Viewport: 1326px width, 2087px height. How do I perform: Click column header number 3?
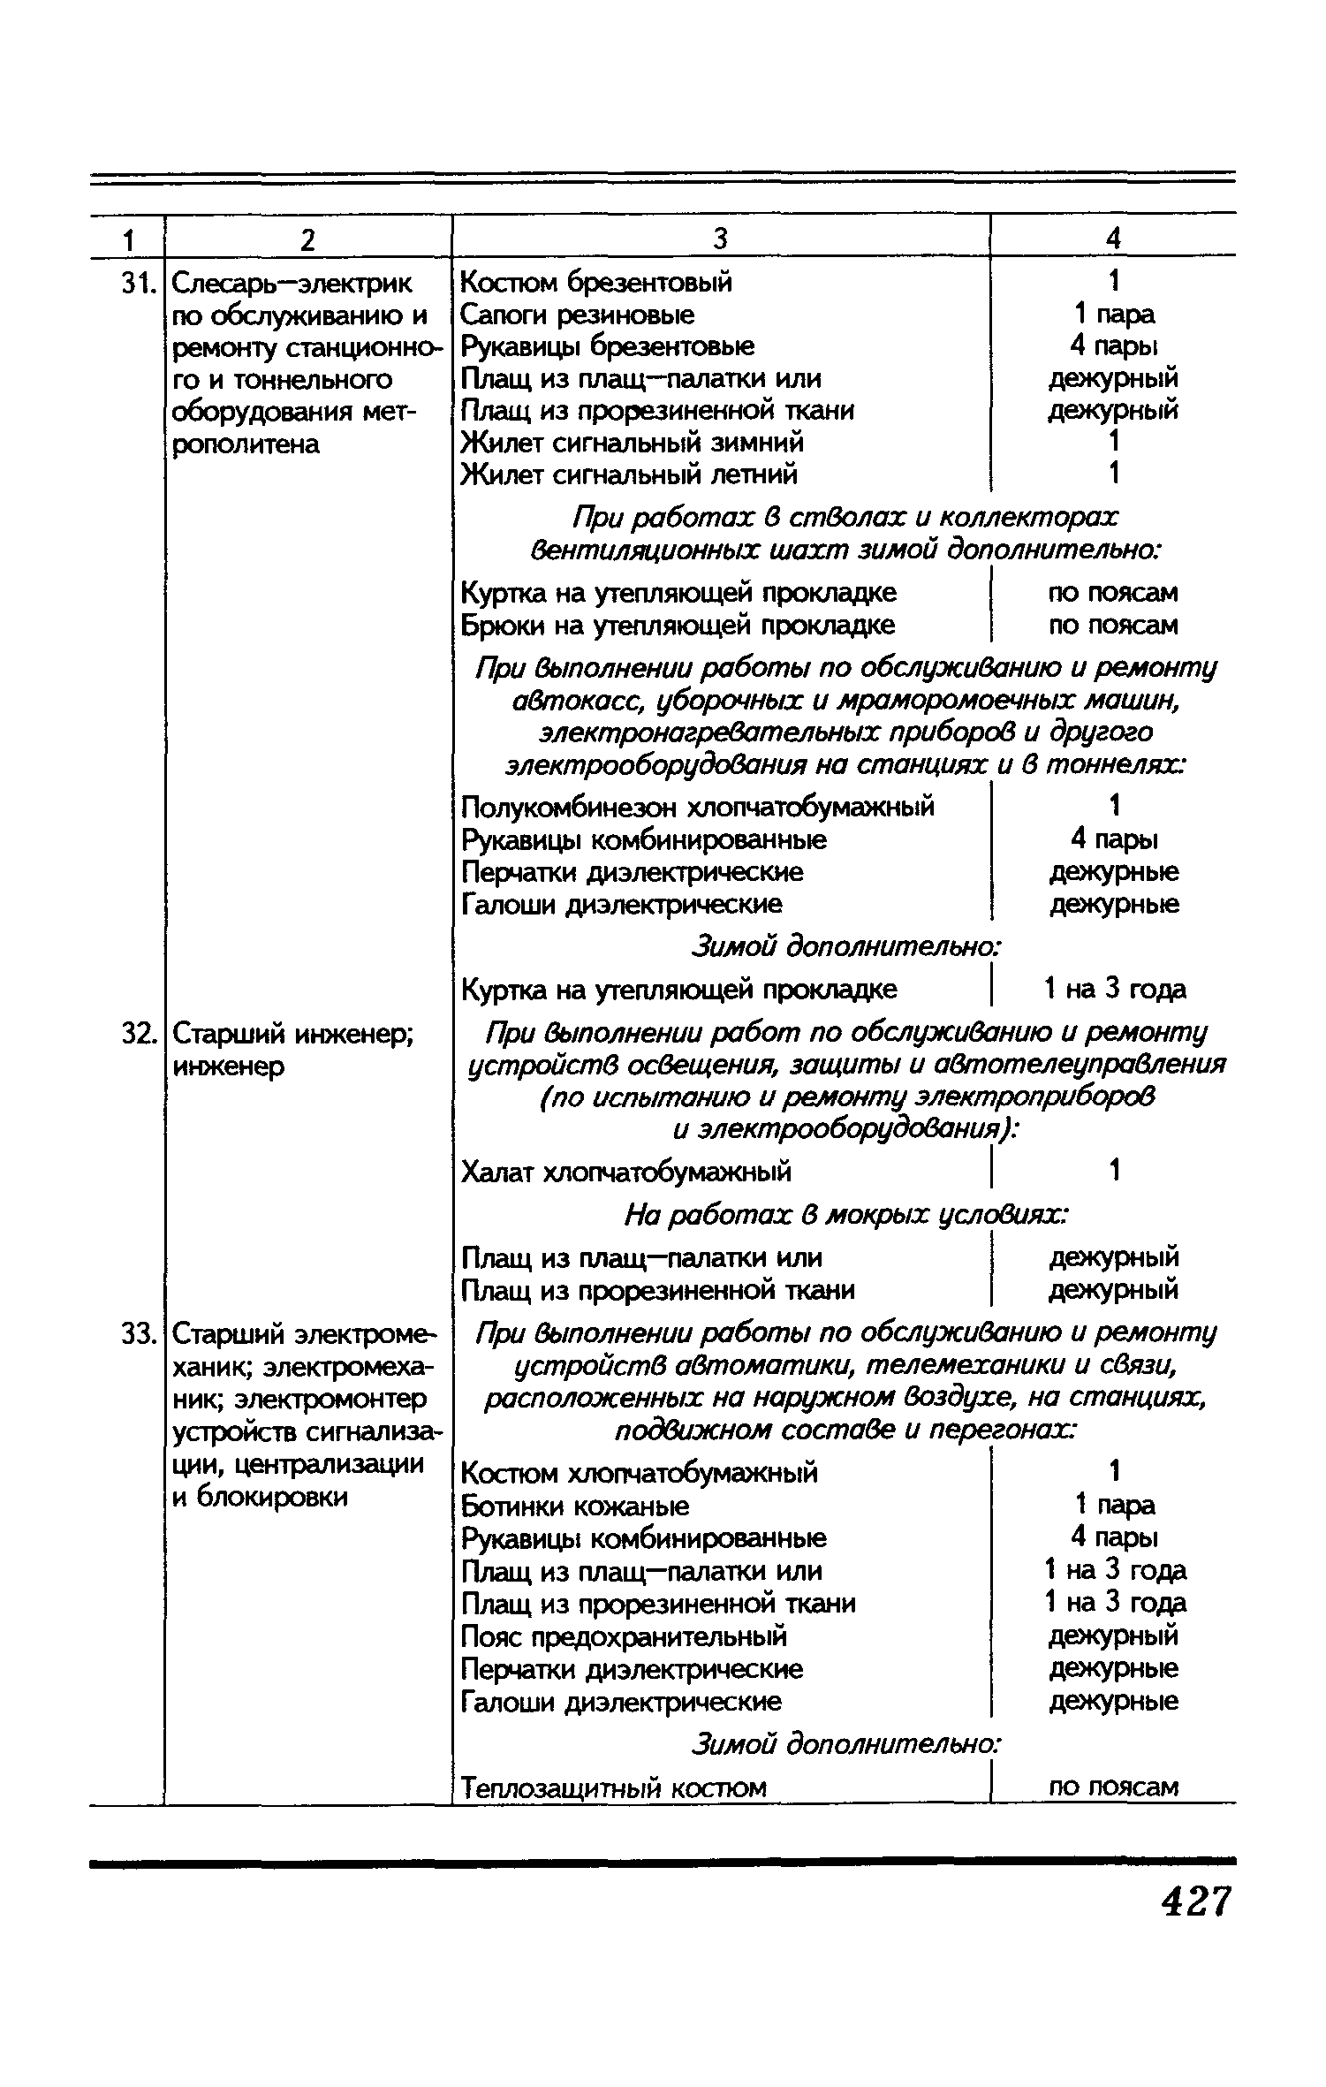(721, 239)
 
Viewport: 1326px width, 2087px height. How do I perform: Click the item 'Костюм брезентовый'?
(596, 283)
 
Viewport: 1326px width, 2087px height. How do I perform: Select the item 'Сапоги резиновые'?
(578, 315)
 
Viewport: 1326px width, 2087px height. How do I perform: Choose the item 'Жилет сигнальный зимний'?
(633, 443)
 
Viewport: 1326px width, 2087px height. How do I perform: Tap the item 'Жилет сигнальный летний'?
(630, 475)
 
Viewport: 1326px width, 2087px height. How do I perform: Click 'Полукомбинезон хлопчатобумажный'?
(698, 807)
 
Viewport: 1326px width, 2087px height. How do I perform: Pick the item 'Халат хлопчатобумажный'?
(626, 1173)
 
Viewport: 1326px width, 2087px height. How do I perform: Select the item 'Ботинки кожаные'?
(575, 1506)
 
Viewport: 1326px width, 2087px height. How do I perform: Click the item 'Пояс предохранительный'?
(624, 1636)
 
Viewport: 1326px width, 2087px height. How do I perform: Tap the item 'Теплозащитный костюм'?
(614, 1788)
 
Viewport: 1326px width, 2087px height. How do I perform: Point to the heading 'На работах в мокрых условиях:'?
(846, 1217)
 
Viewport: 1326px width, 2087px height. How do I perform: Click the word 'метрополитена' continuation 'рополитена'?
(245, 444)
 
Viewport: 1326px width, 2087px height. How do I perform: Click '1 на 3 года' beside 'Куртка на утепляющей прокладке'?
(1115, 990)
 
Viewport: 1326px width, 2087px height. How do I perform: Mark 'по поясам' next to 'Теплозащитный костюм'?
(1113, 1787)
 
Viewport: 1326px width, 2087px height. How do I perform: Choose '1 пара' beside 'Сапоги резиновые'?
(1114, 315)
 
